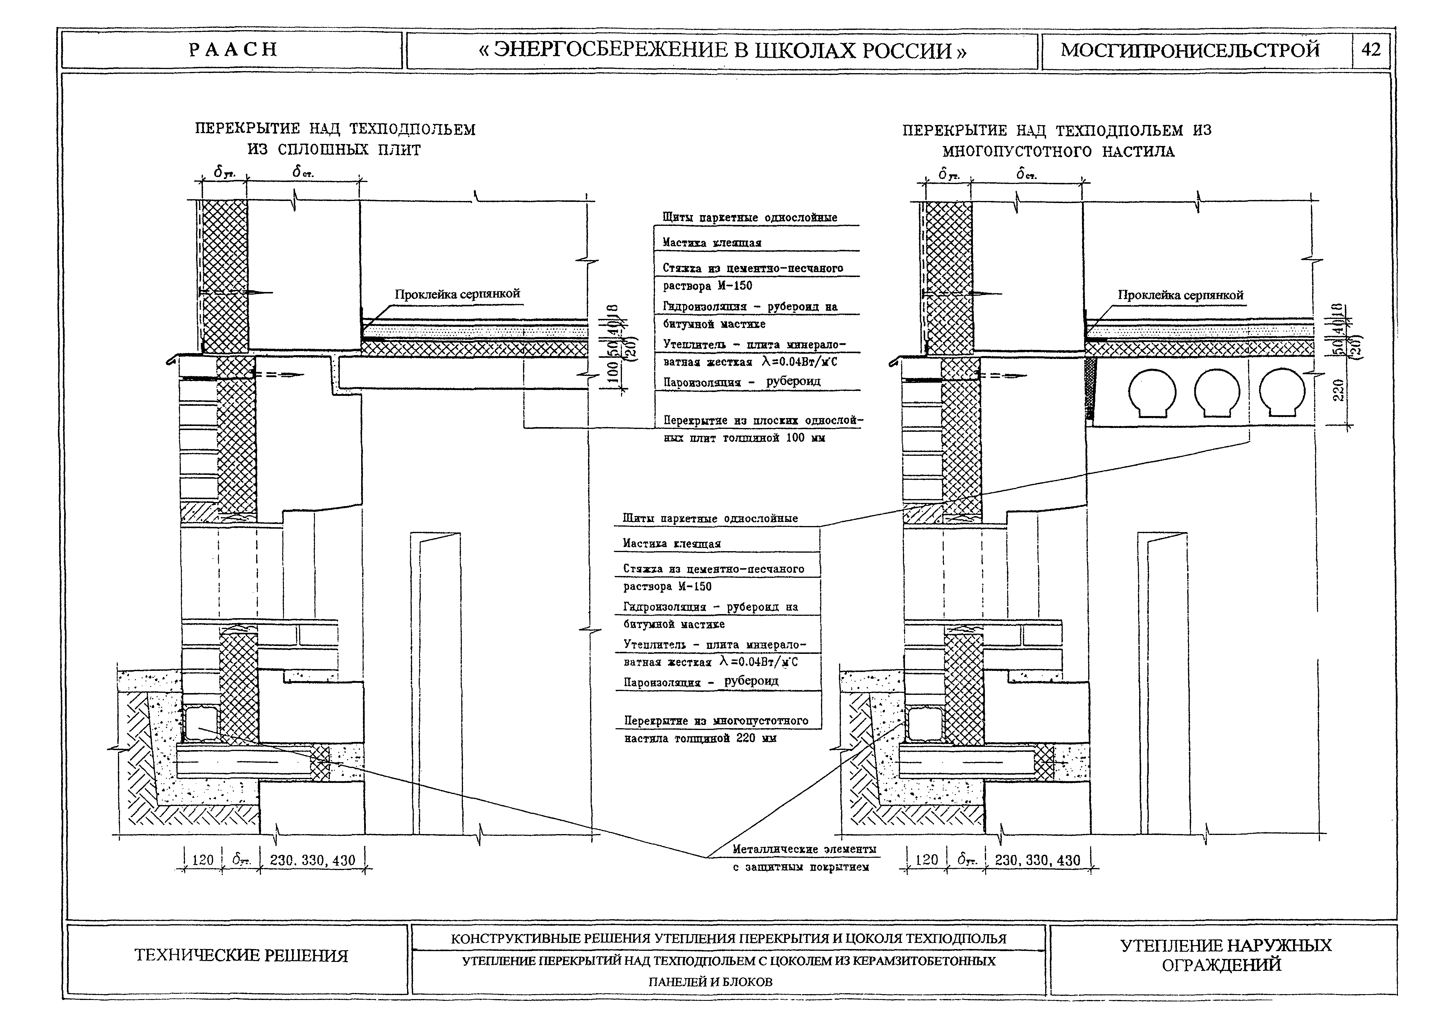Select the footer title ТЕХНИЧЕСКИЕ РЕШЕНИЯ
(x=241, y=955)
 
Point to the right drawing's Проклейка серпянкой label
(x=1180, y=295)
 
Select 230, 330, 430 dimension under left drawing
(x=312, y=860)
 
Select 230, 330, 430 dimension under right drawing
(x=1037, y=860)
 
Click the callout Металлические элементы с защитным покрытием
(x=804, y=858)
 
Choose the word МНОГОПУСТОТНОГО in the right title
(x=1017, y=152)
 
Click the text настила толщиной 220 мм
(x=700, y=738)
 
